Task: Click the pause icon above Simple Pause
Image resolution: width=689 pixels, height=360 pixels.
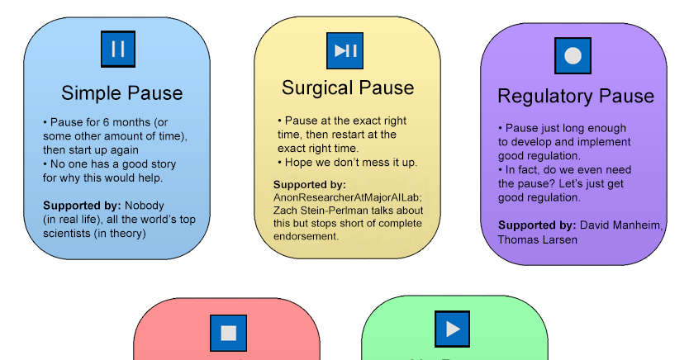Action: (x=117, y=50)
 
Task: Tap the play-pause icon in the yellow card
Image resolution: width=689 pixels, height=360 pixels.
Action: (x=344, y=50)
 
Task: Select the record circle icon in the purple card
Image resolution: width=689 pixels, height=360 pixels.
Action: (x=573, y=56)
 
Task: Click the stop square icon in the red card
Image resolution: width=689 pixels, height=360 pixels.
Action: (x=228, y=333)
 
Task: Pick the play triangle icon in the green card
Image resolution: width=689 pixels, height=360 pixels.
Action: (x=453, y=329)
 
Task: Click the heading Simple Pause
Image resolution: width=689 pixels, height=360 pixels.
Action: (x=121, y=93)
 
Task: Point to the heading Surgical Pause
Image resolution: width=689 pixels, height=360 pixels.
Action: (x=348, y=88)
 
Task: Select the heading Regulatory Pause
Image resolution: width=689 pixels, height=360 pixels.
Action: (x=575, y=97)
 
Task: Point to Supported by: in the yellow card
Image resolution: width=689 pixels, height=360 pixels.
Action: (x=309, y=185)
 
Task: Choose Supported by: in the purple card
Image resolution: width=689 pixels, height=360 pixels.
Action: (x=536, y=225)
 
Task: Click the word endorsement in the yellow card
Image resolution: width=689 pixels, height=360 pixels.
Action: (x=306, y=236)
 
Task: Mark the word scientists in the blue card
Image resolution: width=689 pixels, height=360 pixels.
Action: (x=69, y=234)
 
